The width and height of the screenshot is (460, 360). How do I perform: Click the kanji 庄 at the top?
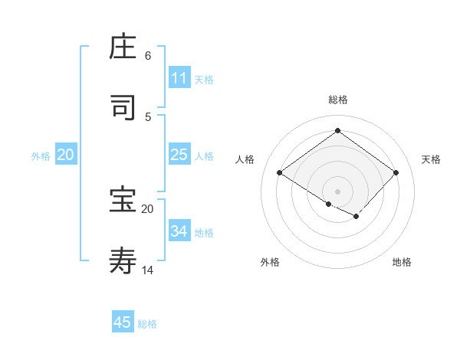click(123, 47)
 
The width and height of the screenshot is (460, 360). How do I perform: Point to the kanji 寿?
click(123, 261)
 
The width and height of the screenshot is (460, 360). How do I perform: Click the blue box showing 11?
click(179, 78)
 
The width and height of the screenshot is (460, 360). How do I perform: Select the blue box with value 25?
click(179, 155)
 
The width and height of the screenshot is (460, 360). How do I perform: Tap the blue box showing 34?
click(179, 231)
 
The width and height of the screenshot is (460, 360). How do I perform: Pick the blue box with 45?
click(123, 322)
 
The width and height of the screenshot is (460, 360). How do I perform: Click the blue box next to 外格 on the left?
click(66, 155)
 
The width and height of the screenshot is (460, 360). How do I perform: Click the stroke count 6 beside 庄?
click(148, 56)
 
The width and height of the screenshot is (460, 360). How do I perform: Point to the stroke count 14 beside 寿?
click(148, 270)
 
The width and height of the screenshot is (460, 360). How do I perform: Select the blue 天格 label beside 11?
click(204, 79)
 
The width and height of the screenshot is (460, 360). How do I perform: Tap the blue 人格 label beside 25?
click(204, 155)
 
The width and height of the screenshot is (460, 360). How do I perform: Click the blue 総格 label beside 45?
click(147, 324)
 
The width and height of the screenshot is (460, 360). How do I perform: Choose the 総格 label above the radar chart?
click(337, 100)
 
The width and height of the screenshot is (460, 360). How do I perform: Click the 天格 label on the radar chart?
click(431, 159)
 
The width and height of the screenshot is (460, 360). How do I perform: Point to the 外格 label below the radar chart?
click(270, 262)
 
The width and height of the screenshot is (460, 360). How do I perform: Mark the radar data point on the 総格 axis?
click(337, 130)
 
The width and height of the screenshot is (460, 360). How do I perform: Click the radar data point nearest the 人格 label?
click(280, 172)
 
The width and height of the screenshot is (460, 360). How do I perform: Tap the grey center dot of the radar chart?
click(337, 191)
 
